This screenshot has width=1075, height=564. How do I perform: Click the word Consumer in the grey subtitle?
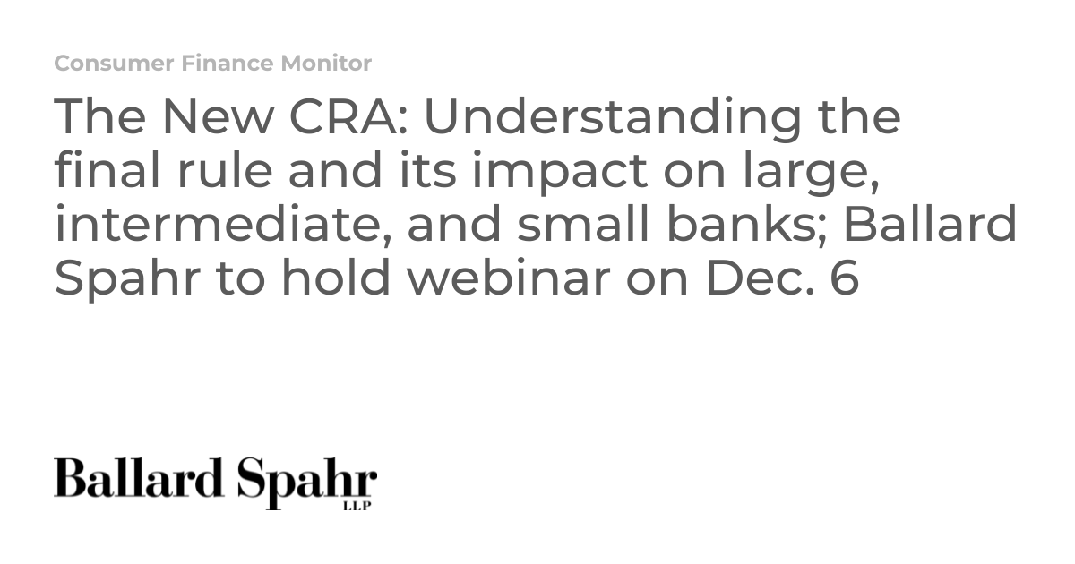(115, 64)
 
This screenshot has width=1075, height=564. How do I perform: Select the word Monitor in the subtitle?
(326, 64)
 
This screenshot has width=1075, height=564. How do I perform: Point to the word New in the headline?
(219, 116)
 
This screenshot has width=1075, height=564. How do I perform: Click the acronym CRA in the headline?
(343, 116)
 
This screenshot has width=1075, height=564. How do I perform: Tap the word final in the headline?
(107, 170)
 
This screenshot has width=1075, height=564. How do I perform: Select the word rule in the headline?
(225, 171)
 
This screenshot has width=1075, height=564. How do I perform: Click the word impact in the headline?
(560, 173)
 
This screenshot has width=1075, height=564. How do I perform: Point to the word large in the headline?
(809, 173)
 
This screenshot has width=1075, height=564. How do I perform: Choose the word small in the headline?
(583, 224)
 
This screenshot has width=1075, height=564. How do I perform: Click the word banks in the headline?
(744, 224)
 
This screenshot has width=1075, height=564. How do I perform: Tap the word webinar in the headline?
(509, 278)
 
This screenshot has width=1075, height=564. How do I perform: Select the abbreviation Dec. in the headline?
(761, 278)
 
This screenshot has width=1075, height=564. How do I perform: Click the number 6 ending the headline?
(844, 278)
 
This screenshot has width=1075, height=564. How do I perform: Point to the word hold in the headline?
(335, 278)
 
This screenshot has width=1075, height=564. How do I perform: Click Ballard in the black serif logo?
(139, 478)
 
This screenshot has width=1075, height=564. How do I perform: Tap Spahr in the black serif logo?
(307, 483)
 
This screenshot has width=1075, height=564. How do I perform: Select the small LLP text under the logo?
(357, 506)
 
